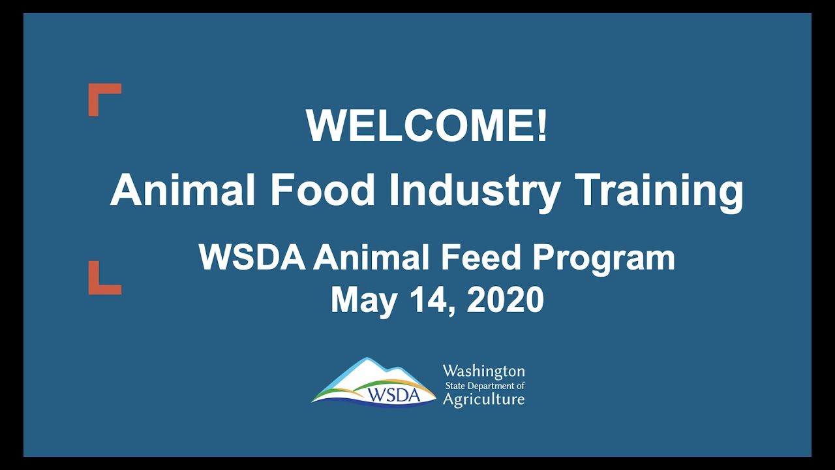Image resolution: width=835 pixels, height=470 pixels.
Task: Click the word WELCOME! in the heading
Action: pyautogui.click(x=427, y=125)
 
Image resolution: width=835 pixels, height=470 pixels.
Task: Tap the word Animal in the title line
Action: pyautogui.click(x=183, y=189)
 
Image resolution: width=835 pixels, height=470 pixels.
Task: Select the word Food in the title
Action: pyautogui.click(x=322, y=189)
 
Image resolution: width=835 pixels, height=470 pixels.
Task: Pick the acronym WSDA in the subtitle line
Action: pyautogui.click(x=252, y=257)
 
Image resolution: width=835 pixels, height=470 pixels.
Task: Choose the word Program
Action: pyautogui.click(x=604, y=260)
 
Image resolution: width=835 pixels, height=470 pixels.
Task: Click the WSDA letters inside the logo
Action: pyautogui.click(x=393, y=395)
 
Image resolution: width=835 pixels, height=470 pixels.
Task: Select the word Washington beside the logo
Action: pyautogui.click(x=484, y=371)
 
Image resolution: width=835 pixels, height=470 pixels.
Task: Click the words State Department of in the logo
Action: pyautogui.click(x=485, y=386)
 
